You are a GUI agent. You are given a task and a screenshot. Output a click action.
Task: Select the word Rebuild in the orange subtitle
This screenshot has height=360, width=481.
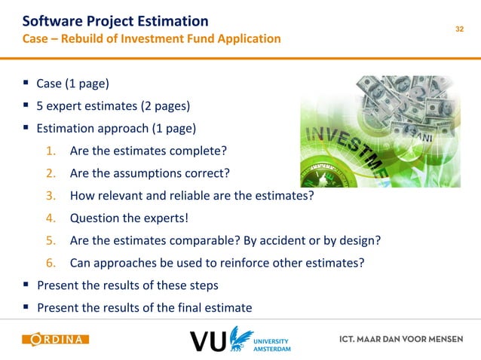pyautogui.click(x=84, y=38)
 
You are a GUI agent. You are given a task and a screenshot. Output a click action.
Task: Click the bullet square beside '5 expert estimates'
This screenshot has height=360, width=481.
pyautogui.click(x=26, y=105)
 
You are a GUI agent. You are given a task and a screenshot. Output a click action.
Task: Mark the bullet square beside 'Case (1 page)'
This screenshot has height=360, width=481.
pyautogui.click(x=26, y=83)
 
